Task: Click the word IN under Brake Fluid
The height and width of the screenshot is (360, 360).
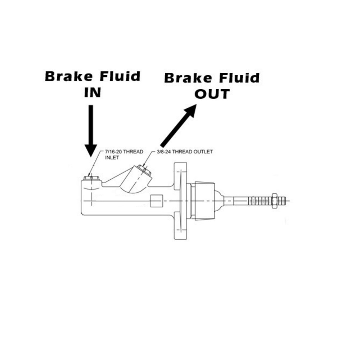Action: [x=92, y=93]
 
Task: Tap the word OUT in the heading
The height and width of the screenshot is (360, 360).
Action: [x=212, y=94]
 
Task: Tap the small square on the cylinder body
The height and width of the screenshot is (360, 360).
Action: [x=156, y=201]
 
